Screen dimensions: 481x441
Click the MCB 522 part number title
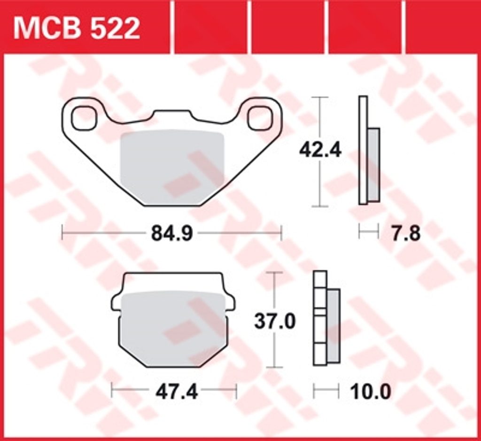77,29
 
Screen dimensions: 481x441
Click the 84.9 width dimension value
172,233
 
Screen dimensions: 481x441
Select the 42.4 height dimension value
320,150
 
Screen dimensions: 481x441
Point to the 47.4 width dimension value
176,392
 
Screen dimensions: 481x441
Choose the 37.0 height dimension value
274,321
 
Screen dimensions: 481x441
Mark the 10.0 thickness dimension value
371,392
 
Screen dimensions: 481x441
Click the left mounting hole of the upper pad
84,118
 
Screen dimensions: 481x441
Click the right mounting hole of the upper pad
260,118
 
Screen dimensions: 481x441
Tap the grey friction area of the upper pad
173,167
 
